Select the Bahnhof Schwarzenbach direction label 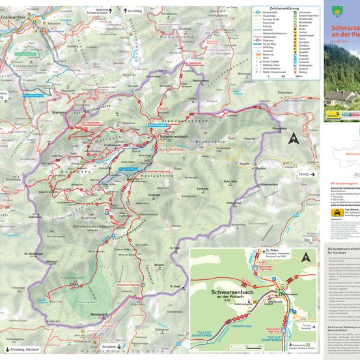point(96,10)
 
